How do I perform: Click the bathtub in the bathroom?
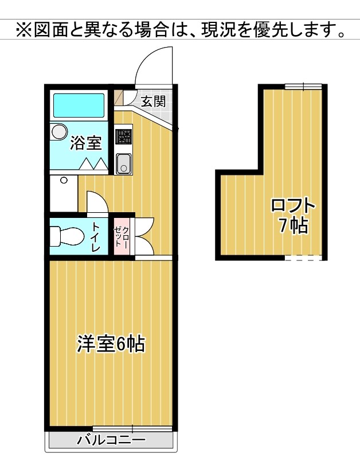(x=79, y=106)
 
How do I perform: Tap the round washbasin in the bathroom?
(x=59, y=132)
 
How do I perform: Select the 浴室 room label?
(x=86, y=143)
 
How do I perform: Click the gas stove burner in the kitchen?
(x=123, y=136)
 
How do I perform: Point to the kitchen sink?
(x=123, y=164)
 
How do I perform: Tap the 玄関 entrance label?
(x=154, y=101)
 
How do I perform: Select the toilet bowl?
(x=66, y=236)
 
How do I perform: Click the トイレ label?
(x=96, y=237)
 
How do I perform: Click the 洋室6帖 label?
(x=111, y=344)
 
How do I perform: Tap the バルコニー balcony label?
(x=111, y=440)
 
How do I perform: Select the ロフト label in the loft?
(x=294, y=206)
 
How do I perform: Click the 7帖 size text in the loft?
(x=294, y=225)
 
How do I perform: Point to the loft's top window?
(x=303, y=87)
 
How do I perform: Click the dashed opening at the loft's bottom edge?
(x=303, y=258)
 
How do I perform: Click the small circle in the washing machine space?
(x=64, y=180)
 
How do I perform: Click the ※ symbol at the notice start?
(x=24, y=29)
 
